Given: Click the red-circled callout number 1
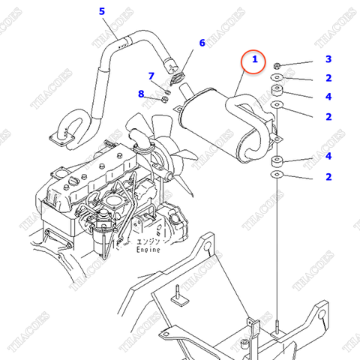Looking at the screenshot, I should click(x=254, y=59).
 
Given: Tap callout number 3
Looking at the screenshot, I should click(x=328, y=59).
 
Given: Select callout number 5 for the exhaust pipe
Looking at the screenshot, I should click(x=102, y=11).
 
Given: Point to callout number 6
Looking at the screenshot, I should click(x=202, y=43).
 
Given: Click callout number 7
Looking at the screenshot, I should click(x=151, y=76).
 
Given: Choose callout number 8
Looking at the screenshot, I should click(x=140, y=94).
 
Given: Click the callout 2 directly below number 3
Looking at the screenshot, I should click(x=328, y=78).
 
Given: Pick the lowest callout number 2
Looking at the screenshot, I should click(x=328, y=176).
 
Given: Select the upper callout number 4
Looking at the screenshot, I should click(x=328, y=96).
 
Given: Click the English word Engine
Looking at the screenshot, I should click(x=149, y=250).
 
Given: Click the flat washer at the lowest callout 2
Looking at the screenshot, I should click(x=277, y=175).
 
